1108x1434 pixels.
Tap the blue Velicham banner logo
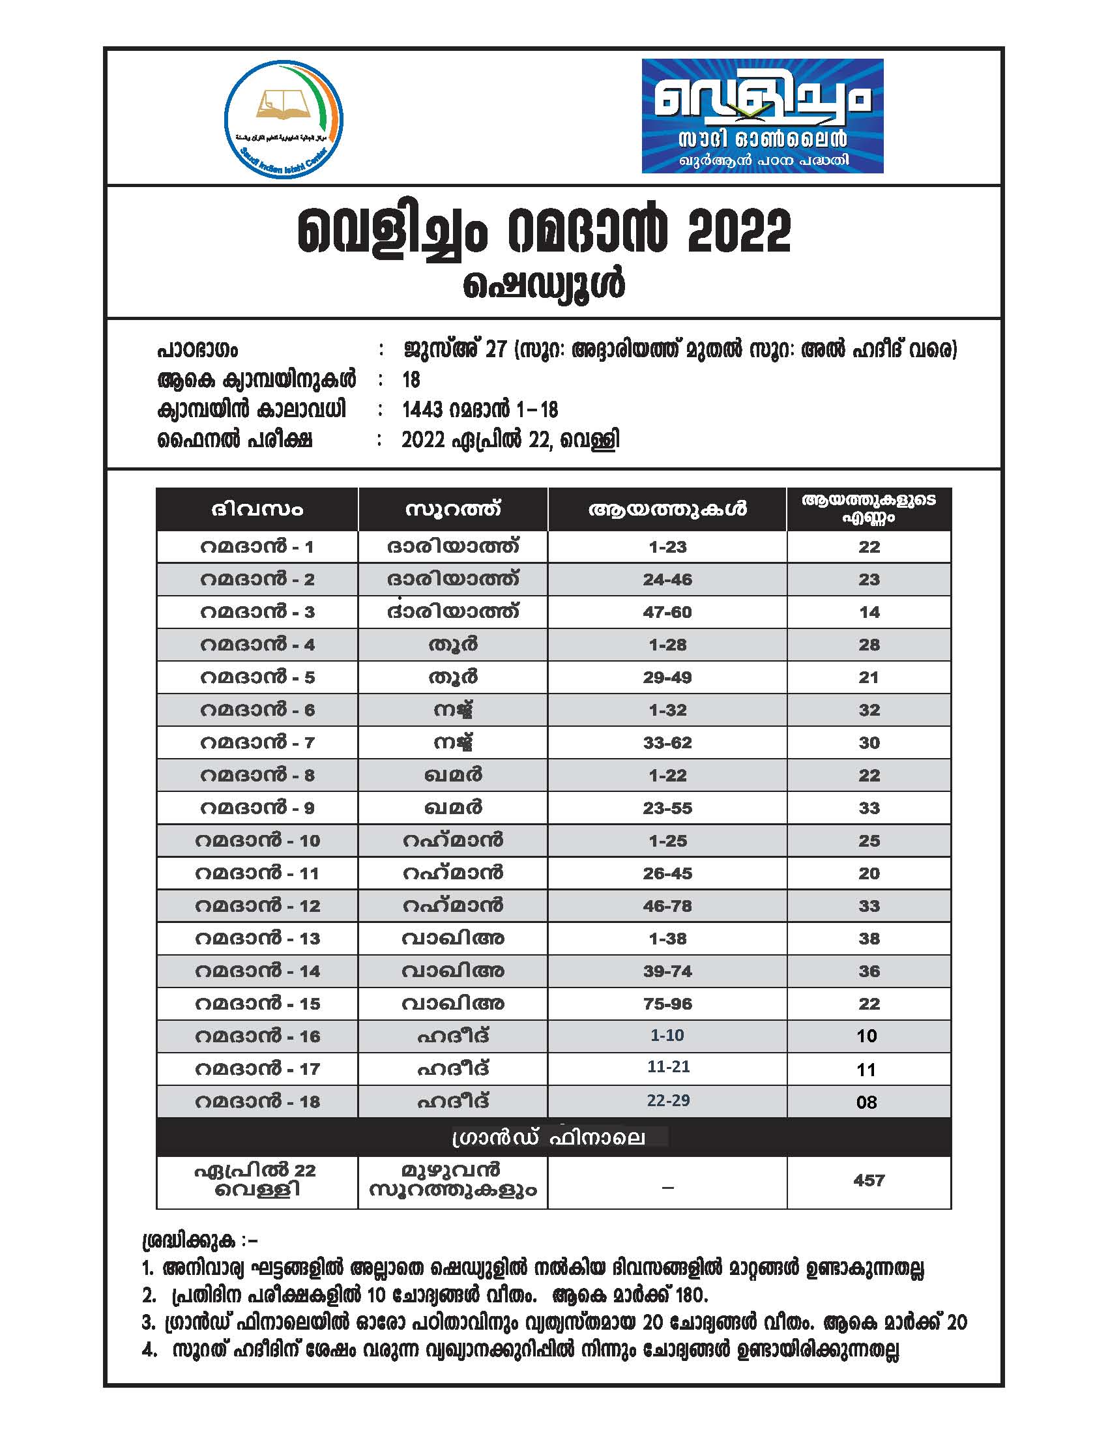point(762,116)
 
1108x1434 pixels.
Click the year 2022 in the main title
point(738,231)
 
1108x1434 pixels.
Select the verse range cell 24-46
point(667,579)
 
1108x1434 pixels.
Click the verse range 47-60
point(667,613)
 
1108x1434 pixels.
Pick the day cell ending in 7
point(257,742)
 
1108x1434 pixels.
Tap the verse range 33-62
point(667,742)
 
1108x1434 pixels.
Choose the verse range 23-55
point(667,808)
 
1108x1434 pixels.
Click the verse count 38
point(868,938)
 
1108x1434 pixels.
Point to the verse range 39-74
point(667,971)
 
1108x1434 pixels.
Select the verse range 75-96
point(667,1003)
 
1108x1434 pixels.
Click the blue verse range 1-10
point(667,1036)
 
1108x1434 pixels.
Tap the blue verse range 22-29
point(667,1100)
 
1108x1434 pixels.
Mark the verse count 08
point(866,1102)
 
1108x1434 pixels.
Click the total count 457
point(868,1180)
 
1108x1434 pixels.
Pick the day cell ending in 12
point(257,906)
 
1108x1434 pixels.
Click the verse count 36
point(868,971)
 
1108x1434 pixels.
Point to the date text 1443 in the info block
point(422,410)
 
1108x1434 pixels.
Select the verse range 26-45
point(667,873)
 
